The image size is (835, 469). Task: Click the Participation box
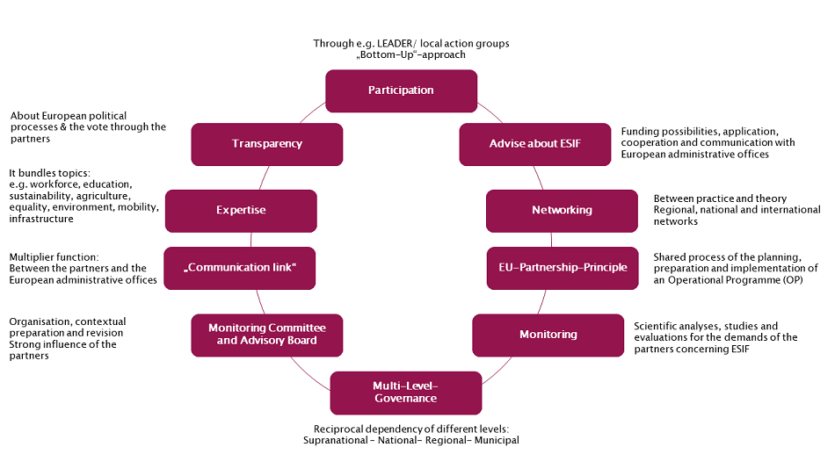pos(401,90)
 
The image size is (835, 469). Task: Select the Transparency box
pos(266,144)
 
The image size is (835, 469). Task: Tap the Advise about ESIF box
pos(534,144)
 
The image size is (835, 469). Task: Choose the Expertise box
pos(241,211)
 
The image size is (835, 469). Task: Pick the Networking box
pos(562,211)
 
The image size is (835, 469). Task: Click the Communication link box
pos(239,268)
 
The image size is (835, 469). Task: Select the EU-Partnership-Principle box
pos(563,268)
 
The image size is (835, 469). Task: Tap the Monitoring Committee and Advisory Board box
pos(266,335)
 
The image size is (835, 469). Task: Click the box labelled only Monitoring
pos(548,335)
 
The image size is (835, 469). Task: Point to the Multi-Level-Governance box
pos(405,393)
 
